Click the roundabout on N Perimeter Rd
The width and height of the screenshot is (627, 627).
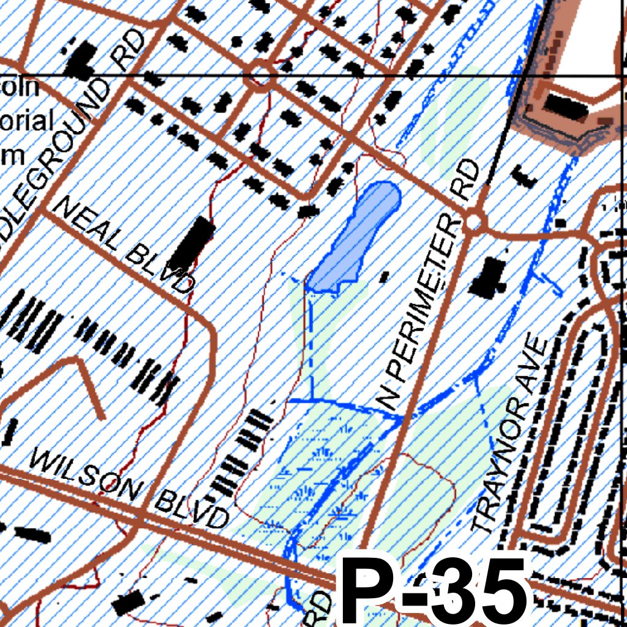tap(473, 221)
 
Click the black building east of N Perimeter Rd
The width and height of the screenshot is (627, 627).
tap(488, 277)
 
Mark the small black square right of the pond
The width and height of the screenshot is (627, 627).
tap(384, 277)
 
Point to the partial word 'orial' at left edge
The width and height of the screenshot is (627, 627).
tap(27, 120)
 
